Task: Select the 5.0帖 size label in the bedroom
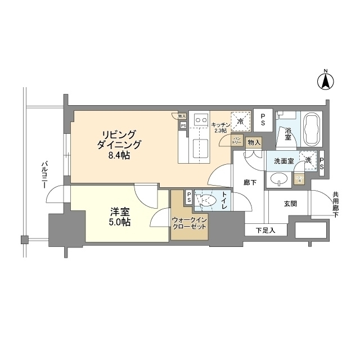[120, 222]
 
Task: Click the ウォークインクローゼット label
[190, 222]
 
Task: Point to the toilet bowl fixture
[209, 200]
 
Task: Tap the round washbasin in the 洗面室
[278, 179]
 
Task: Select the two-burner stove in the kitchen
[200, 119]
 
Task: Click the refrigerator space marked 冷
[241, 120]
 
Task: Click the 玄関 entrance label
[290, 203]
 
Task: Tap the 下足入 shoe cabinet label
[265, 230]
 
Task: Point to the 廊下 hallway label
[250, 182]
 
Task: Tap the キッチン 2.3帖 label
[220, 127]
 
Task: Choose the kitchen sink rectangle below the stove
[200, 150]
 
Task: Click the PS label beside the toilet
[189, 199]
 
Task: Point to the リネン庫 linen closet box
[299, 179]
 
